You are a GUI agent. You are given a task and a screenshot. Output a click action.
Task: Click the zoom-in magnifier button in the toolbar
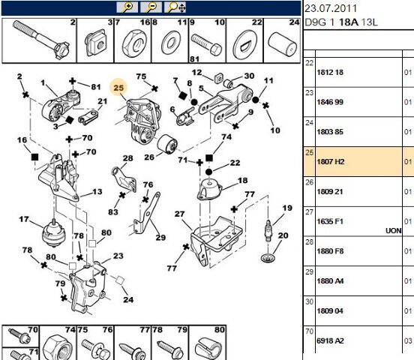coord(127,7)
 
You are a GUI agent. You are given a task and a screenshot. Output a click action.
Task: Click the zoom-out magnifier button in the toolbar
coord(151,7)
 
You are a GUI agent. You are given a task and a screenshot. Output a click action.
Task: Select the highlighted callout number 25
coord(118,88)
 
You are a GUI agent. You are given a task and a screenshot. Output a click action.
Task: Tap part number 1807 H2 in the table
coord(331,162)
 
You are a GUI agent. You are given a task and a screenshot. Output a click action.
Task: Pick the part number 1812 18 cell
coord(330,72)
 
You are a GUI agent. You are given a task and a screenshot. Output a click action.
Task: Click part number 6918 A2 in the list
coord(330,341)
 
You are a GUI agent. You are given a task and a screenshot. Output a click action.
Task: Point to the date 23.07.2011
coord(331,8)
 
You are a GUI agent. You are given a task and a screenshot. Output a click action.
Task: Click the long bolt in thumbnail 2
coord(40,39)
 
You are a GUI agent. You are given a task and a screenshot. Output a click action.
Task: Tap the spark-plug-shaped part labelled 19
coord(268,230)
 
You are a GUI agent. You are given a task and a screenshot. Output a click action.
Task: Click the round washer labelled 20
coord(268,257)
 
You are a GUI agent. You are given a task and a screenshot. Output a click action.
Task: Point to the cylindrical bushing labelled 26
coord(167,145)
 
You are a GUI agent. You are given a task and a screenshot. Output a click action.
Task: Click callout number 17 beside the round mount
coord(24,219)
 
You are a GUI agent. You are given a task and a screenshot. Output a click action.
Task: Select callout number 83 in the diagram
coord(113,211)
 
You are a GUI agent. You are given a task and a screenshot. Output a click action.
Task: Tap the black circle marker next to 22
coord(208,172)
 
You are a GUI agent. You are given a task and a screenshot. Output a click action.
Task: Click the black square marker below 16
coord(34,157)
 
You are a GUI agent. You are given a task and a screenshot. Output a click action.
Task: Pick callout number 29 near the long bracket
coord(160,238)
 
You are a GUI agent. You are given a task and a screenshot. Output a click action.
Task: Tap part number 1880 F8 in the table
coord(330,251)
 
